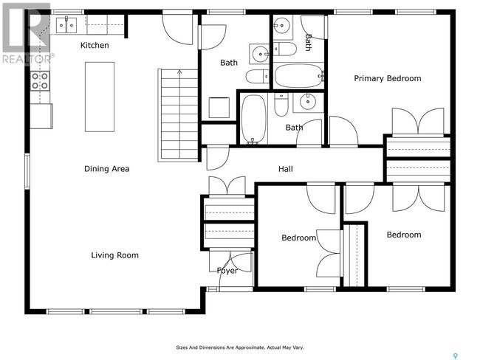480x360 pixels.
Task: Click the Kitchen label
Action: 95,45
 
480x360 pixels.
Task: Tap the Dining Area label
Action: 106,169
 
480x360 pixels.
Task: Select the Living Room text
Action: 114,255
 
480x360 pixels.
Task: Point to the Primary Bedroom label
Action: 388,79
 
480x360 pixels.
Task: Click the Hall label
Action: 286,169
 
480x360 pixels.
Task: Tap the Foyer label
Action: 227,271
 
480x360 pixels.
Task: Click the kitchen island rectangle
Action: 100,97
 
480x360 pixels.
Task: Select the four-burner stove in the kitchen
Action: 40,81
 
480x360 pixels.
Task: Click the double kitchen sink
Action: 66,25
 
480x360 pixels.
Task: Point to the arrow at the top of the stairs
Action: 179,72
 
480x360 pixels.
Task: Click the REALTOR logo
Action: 27,34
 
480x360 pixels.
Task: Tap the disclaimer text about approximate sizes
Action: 240,347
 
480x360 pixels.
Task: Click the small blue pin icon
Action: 456,356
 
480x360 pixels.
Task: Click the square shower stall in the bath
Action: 219,108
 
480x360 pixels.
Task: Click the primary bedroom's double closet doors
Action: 418,121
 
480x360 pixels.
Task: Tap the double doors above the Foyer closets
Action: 227,186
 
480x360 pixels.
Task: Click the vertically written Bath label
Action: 308,43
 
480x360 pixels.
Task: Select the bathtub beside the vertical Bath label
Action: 298,76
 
